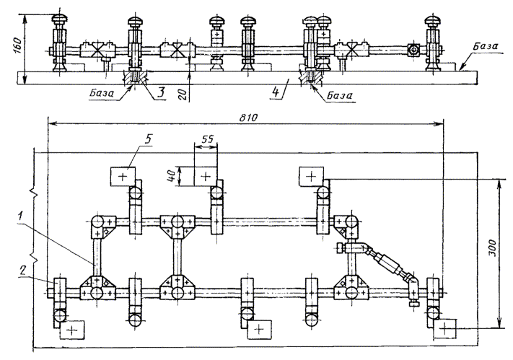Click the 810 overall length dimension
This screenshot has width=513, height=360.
pyautogui.click(x=250, y=115)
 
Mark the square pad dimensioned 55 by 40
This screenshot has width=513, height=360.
pyautogui.click(x=206, y=175)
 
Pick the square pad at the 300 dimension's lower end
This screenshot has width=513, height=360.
pyautogui.click(x=447, y=328)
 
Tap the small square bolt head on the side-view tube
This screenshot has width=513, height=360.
pyautogui.click(x=413, y=51)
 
